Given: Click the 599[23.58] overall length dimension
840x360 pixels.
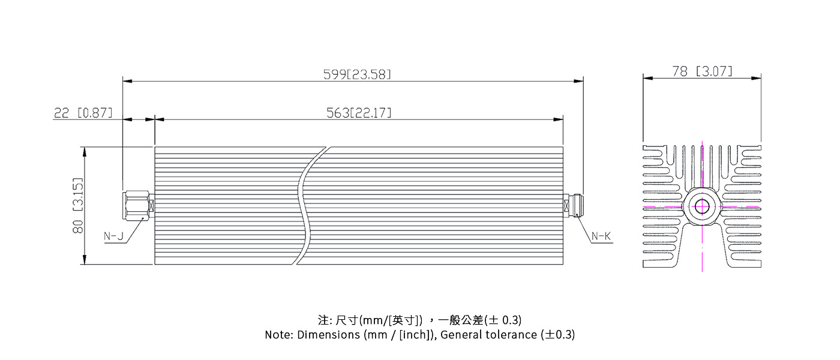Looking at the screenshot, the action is pyautogui.click(x=357, y=74).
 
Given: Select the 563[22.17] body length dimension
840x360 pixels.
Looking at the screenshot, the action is pyautogui.click(x=359, y=113).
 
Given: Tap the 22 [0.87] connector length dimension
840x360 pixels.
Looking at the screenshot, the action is pyautogui.click(x=83, y=113).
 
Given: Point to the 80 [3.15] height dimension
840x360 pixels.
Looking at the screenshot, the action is pyautogui.click(x=77, y=205).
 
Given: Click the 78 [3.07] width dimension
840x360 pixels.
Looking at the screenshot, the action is pyautogui.click(x=702, y=71).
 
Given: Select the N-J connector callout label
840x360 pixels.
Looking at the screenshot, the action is pyautogui.click(x=113, y=236).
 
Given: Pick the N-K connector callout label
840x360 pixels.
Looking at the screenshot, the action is pyautogui.click(x=601, y=236).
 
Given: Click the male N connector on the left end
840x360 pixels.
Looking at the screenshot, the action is pyautogui.click(x=138, y=205).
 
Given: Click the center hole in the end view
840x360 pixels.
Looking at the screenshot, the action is pyautogui.click(x=702, y=206).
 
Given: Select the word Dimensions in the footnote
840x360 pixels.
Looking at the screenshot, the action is pyautogui.click(x=329, y=335).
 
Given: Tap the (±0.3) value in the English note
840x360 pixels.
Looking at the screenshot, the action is pyautogui.click(x=557, y=335).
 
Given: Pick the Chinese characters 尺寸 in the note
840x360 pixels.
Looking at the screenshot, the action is pyautogui.click(x=347, y=320).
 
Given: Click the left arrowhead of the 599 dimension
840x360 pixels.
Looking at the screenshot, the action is pyautogui.click(x=127, y=81).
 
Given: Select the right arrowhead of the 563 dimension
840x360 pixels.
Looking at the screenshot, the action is pyautogui.click(x=559, y=119).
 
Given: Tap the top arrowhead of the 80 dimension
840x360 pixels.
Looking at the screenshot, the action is pyautogui.click(x=85, y=152).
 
